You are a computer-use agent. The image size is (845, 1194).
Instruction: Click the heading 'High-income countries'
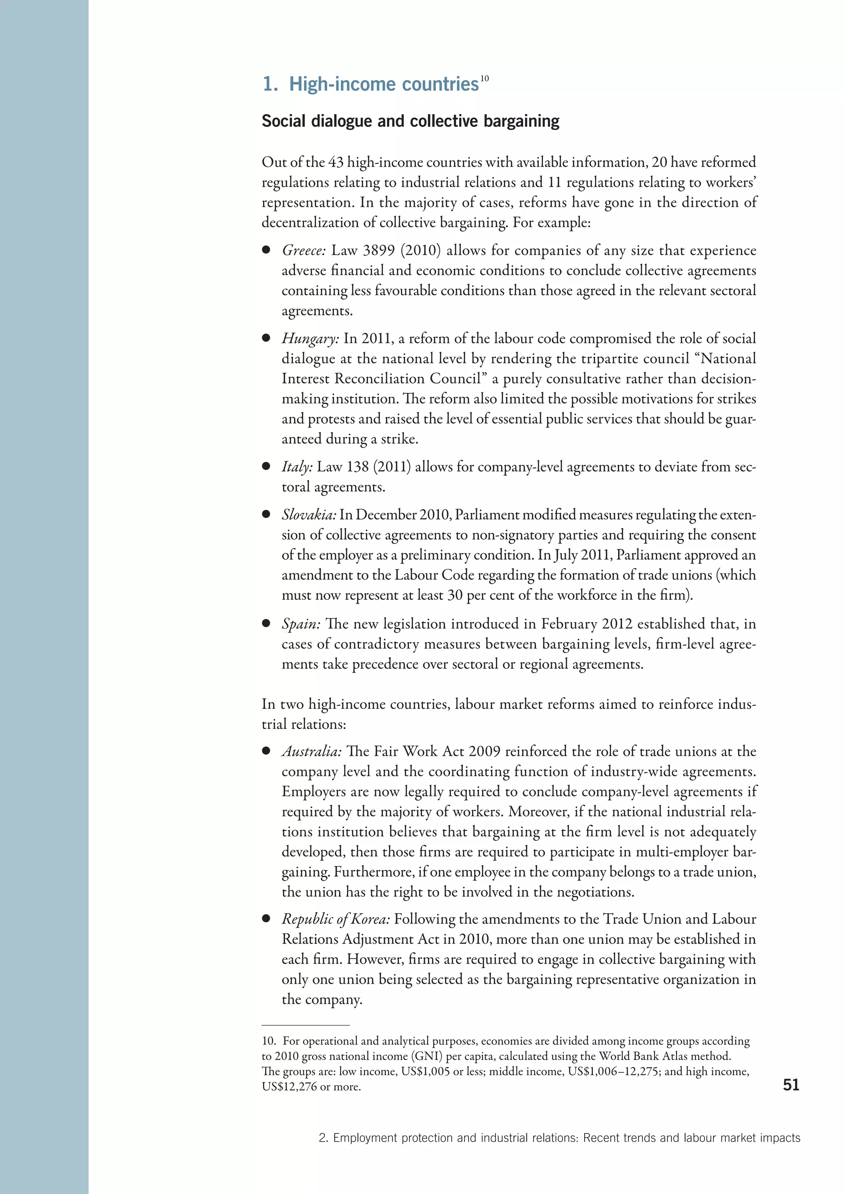(383, 84)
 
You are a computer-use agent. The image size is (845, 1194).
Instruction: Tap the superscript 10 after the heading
(484, 78)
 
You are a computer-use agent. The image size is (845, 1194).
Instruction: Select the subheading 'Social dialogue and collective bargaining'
(410, 121)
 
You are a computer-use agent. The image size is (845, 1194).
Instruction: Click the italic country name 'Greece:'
(303, 251)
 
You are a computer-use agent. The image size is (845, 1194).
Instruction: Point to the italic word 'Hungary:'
(310, 338)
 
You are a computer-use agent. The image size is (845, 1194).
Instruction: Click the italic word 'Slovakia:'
(309, 515)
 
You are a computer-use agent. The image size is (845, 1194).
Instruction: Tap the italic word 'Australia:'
(311, 752)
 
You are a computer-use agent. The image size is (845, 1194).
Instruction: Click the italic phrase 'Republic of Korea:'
(335, 919)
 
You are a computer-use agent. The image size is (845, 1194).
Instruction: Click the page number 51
(791, 1085)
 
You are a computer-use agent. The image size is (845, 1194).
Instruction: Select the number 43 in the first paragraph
(335, 162)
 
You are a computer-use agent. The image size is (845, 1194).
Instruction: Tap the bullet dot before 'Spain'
(266, 623)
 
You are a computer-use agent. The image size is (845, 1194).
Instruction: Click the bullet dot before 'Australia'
(266, 751)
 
